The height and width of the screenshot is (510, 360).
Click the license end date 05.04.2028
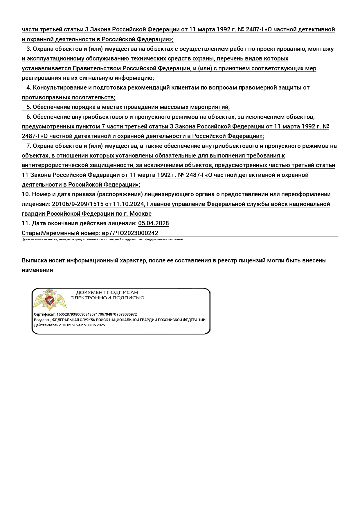click(x=153, y=223)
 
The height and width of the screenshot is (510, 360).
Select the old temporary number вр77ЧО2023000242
click(x=130, y=233)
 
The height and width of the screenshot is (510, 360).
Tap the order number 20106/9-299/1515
click(x=78, y=204)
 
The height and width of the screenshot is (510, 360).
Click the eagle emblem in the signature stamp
click(x=50, y=300)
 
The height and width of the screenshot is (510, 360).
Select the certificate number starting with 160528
click(x=96, y=314)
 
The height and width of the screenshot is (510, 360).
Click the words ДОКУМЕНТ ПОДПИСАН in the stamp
click(x=107, y=292)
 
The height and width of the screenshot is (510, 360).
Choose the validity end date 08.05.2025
click(x=96, y=325)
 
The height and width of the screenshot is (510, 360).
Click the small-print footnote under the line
click(x=103, y=239)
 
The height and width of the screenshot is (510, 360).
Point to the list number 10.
click(x=26, y=194)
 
